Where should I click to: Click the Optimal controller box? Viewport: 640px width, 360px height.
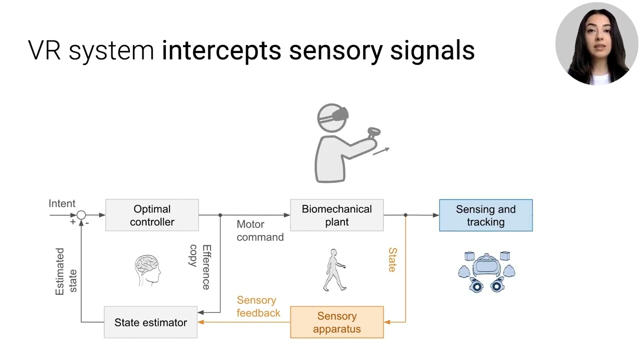152,215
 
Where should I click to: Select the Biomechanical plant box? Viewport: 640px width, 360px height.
336,215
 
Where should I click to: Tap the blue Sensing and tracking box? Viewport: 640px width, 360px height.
485,215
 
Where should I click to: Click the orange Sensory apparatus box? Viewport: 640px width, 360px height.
336,322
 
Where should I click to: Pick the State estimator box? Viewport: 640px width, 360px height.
150,322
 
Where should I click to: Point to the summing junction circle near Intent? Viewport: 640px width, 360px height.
81,215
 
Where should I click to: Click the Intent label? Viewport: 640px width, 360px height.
62,203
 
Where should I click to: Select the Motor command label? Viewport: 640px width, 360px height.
259,230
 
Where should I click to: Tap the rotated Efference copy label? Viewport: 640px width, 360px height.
199,266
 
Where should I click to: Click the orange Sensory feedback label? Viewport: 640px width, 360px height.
258,306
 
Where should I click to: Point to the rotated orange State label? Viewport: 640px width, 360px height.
392,260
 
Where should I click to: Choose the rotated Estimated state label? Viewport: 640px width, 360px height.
66,271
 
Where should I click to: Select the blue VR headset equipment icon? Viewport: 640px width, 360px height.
486,272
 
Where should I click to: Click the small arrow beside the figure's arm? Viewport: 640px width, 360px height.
381,151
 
